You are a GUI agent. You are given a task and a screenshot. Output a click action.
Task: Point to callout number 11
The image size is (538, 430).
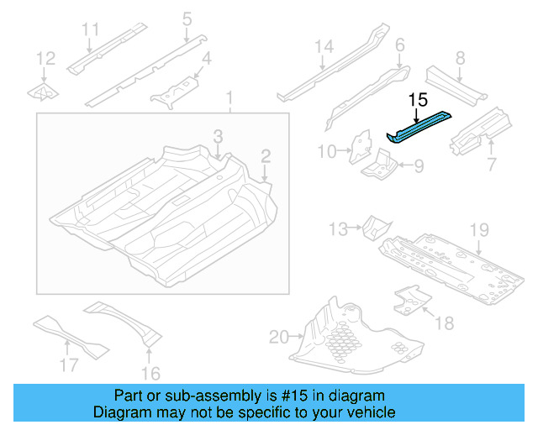(92, 30)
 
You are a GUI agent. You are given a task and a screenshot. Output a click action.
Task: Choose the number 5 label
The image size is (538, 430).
(187, 18)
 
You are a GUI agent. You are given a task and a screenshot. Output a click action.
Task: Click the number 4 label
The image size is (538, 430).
(205, 60)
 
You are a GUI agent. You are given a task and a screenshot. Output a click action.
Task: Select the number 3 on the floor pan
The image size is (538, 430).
(217, 136)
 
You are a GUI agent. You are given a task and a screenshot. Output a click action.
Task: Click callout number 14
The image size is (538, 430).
(324, 48)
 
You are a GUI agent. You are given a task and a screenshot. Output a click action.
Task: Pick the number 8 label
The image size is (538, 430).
(460, 58)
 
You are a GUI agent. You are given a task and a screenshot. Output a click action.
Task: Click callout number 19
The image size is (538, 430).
(478, 229)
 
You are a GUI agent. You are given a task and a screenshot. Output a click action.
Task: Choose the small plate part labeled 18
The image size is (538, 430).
(410, 298)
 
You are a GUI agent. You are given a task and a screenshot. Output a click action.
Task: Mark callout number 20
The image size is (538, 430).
(279, 338)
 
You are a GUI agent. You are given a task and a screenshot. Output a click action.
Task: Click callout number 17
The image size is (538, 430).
(70, 364)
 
